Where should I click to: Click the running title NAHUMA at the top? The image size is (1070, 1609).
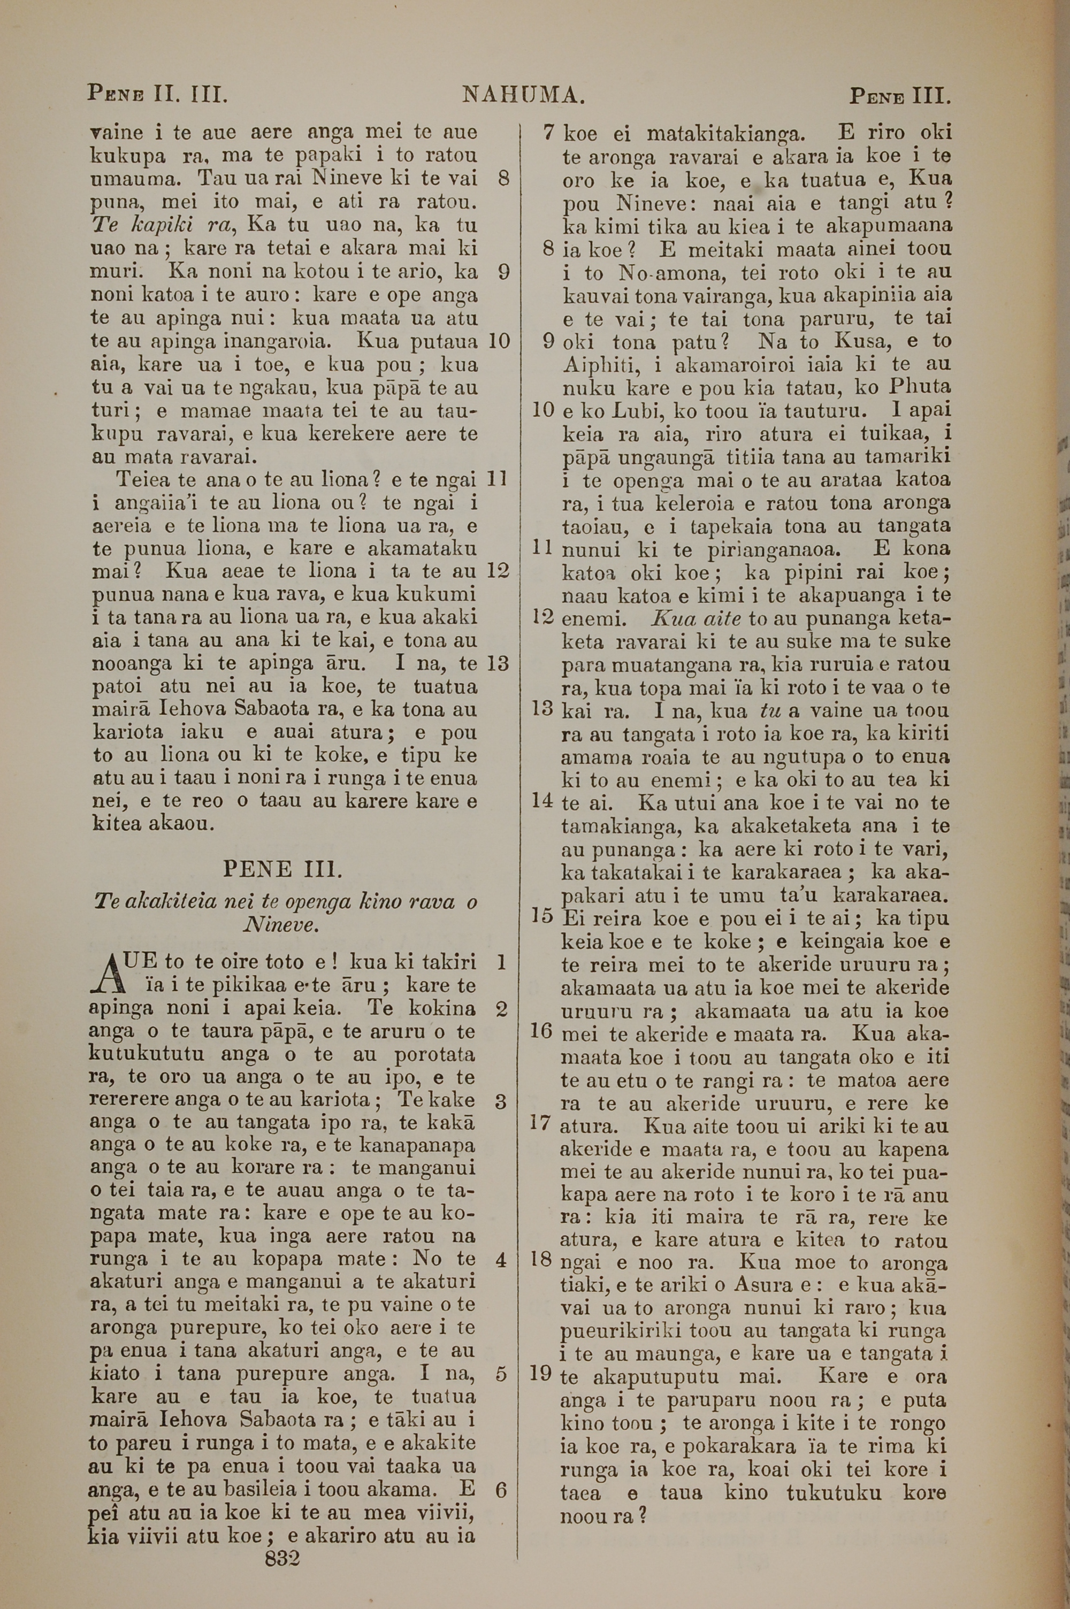tap(523, 95)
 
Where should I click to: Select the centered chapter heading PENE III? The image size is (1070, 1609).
tap(281, 870)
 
